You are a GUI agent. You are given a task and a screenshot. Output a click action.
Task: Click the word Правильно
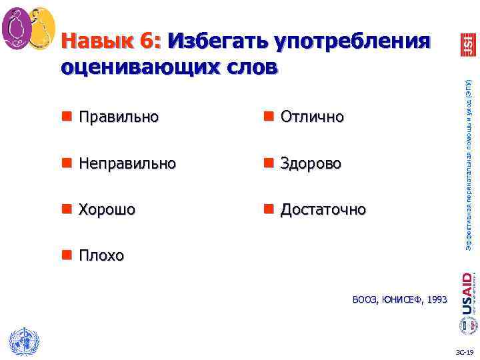click(119, 117)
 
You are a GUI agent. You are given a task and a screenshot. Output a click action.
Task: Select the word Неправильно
click(127, 163)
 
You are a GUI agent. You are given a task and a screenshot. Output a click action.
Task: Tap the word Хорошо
click(107, 209)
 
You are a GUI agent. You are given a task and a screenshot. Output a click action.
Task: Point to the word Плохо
click(101, 255)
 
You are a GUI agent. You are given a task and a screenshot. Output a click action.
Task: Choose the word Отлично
click(312, 117)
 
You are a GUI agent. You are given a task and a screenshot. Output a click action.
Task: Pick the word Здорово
click(311, 163)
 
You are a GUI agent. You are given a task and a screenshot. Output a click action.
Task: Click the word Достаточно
click(323, 209)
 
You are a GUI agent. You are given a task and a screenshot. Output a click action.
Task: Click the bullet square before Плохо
click(67, 255)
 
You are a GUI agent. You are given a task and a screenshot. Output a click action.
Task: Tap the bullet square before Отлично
click(268, 117)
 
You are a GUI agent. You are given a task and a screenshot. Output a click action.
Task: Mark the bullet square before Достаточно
click(268, 209)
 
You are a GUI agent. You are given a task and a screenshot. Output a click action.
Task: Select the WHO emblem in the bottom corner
click(24, 343)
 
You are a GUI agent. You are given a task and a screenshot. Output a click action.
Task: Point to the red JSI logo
click(467, 44)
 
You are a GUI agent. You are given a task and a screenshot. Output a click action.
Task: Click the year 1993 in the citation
click(436, 301)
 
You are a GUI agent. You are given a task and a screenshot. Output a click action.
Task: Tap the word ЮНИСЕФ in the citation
click(401, 301)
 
